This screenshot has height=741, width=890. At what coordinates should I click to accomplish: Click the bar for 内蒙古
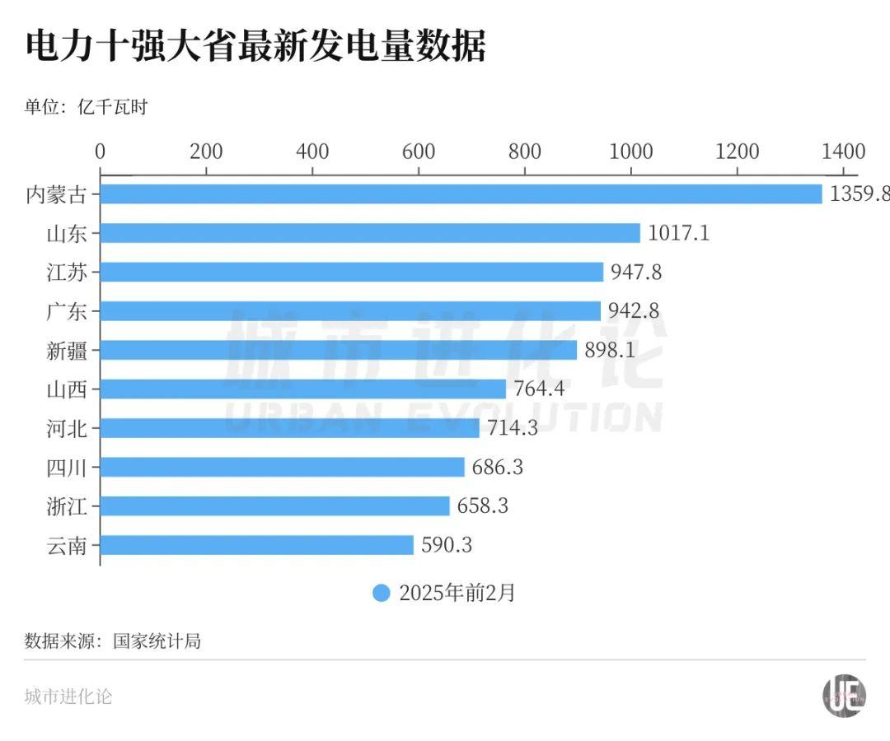(461, 194)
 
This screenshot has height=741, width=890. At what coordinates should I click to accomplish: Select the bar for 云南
(257, 545)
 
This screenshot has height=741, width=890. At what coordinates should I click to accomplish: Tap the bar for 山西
(303, 389)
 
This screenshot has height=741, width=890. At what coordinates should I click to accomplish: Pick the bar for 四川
(283, 467)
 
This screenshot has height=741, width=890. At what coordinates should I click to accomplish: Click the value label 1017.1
(678, 233)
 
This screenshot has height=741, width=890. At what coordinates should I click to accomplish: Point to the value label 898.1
(610, 350)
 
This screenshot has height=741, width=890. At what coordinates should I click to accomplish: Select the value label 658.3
(483, 506)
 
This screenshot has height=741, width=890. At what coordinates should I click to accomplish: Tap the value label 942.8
(634, 311)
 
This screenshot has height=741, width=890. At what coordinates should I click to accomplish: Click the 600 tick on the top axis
(419, 151)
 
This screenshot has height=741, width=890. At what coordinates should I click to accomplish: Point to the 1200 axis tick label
(738, 151)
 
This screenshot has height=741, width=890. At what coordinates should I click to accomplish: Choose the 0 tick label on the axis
(101, 151)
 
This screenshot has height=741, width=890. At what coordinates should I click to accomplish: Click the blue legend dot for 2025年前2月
(381, 593)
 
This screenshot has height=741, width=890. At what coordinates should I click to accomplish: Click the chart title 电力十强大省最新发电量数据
(255, 47)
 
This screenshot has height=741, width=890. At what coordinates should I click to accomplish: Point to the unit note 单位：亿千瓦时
(86, 107)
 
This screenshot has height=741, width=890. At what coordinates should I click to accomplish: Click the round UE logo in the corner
(844, 696)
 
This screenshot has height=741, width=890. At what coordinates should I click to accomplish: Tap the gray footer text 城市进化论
(68, 697)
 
